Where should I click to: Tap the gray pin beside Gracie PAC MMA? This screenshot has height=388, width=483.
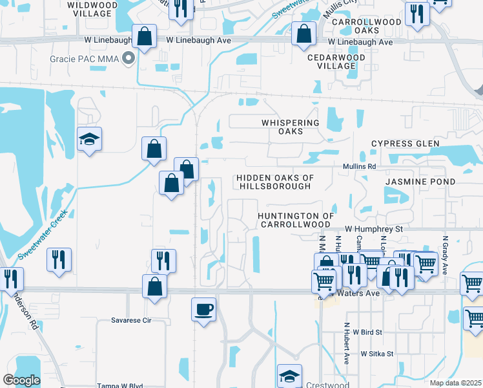pyautogui.click(x=129, y=59)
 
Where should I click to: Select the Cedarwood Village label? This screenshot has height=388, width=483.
pyautogui.click(x=336, y=61)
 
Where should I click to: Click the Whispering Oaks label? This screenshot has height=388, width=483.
pyautogui.click(x=291, y=127)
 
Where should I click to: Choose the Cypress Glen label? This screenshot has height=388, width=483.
pyautogui.click(x=405, y=144)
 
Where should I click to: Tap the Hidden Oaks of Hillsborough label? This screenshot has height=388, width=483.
pyautogui.click(x=274, y=182)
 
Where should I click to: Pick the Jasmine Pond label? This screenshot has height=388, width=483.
pyautogui.click(x=420, y=182)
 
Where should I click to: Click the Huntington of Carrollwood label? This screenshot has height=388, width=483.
pyautogui.click(x=295, y=220)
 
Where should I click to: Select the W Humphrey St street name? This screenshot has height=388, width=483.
pyautogui.click(x=373, y=229)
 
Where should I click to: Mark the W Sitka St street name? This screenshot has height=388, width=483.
pyautogui.click(x=377, y=354)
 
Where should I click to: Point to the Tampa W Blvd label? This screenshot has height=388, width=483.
pyautogui.click(x=119, y=386)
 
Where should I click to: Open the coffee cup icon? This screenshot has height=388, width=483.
pyautogui.click(x=204, y=308)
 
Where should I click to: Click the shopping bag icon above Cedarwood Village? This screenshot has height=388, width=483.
pyautogui.click(x=303, y=34)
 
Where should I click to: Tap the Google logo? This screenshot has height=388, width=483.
pyautogui.click(x=21, y=380)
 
